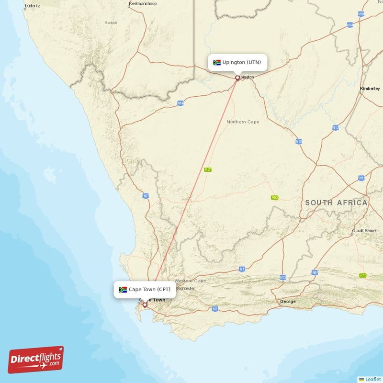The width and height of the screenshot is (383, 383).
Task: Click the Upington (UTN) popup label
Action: tap(242, 63)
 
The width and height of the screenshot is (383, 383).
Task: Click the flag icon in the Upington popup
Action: tap(216, 63)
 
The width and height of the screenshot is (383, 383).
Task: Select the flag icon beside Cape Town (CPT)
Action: tap(123, 290)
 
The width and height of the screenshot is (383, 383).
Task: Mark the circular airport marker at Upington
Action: tap(237, 78)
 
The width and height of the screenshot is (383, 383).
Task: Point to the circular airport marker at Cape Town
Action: tap(145, 304)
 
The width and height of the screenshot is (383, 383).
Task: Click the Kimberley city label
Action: tap(370, 89)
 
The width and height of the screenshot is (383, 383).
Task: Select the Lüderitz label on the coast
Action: tap(32, 6)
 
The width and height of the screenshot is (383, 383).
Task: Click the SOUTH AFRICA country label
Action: tap(337, 203)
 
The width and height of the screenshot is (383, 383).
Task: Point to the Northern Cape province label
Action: tap(243, 122)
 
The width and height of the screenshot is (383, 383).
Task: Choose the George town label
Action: tap(288, 302)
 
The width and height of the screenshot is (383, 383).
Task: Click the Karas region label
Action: tap(111, 23)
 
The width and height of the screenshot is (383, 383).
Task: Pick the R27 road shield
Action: tap(208, 169)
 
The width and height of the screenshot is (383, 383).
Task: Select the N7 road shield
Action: tap(146, 196)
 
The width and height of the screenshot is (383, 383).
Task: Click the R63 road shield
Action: tap(274, 197)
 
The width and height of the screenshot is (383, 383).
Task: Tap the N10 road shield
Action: tap(299, 142)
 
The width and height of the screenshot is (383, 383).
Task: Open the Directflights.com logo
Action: tap(36, 360)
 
